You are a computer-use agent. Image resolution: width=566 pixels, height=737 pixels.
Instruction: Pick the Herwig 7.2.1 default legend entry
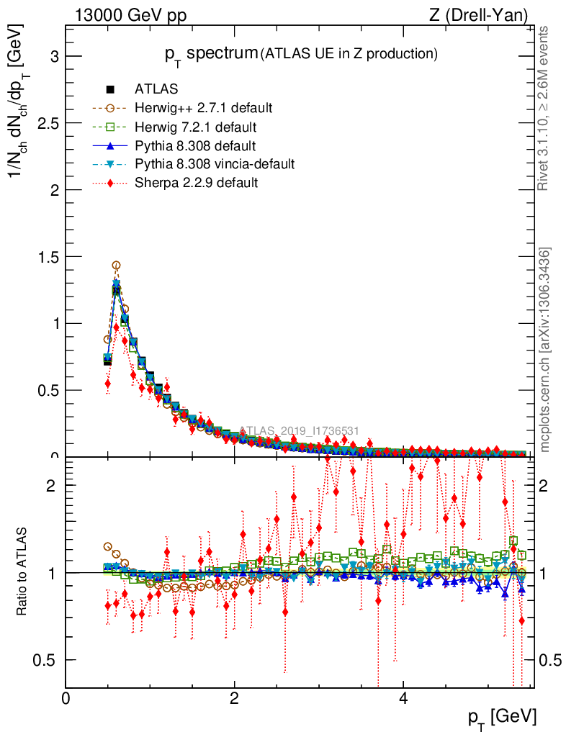pyautogui.click(x=194, y=127)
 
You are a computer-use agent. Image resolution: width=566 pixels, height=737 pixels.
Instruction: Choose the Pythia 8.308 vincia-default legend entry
pyautogui.click(x=214, y=164)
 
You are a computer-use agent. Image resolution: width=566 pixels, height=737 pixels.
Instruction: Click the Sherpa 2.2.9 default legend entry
pyautogui.click(x=196, y=183)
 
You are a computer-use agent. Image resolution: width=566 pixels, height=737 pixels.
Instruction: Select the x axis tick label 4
pyautogui.click(x=403, y=699)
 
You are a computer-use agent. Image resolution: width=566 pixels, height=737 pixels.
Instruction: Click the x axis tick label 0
pyautogui.click(x=66, y=699)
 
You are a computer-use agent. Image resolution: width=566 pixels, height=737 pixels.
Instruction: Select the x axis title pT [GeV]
pyautogui.click(x=503, y=717)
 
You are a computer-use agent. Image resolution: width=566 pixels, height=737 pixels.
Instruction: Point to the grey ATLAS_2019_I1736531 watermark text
pyautogui.click(x=299, y=430)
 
